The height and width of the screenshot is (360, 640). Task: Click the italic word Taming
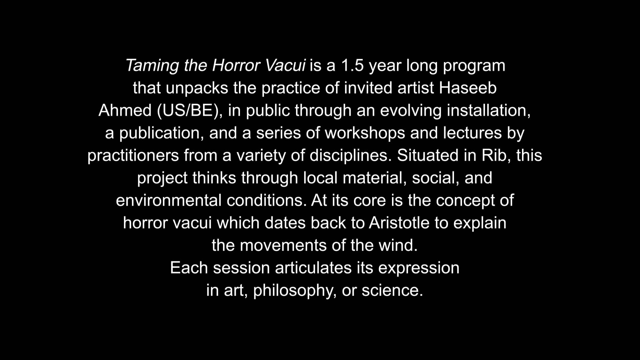152,66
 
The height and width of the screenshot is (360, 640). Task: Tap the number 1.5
352,65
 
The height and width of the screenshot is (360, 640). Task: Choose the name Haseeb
468,88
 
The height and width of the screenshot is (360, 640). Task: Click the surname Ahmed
125,110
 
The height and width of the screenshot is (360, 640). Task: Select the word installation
489,111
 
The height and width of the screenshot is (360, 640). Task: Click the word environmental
169,200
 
